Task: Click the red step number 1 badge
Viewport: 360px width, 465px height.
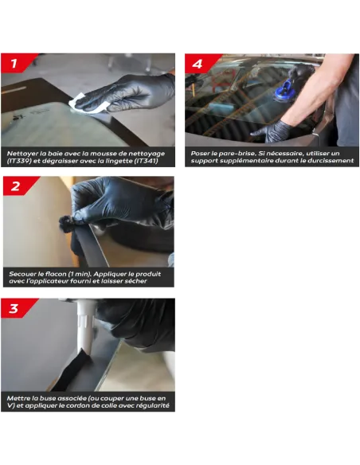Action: tap(16, 63)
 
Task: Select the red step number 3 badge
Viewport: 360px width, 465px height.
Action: tap(16, 308)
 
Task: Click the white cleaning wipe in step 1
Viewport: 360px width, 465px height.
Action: tap(86, 104)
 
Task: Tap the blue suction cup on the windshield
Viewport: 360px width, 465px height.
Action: tap(284, 92)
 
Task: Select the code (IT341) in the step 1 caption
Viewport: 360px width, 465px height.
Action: tap(145, 161)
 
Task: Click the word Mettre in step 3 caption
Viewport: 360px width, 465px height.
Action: tap(18, 398)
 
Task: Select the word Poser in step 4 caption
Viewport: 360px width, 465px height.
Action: tap(200, 154)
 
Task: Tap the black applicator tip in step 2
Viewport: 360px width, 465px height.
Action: tap(66, 223)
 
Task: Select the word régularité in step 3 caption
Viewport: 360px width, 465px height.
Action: tap(153, 406)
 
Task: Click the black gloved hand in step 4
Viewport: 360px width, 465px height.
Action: tap(271, 131)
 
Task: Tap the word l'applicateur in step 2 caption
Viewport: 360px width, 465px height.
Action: tap(39, 281)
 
